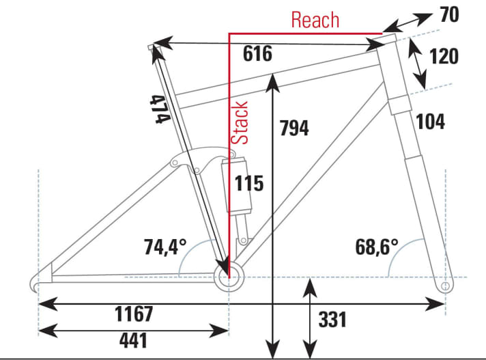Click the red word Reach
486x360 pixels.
coord(315,20)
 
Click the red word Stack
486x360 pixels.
coord(240,122)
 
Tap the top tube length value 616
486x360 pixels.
coord(257,53)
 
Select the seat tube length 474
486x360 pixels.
coord(160,109)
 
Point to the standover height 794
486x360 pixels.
coord(294,128)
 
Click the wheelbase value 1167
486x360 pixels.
coord(134,314)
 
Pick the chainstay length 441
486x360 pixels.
coord(133,340)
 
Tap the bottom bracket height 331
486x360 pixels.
coord(332,320)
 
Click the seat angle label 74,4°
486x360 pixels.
coord(165,247)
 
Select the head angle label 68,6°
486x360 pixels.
coord(377,247)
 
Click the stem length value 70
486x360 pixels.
coord(449,14)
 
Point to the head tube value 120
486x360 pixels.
coord(444,57)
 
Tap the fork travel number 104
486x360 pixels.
coord(430,121)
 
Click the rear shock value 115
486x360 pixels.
coord(249,183)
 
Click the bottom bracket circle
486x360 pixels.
coord(229,266)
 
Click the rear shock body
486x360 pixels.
coord(237,186)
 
